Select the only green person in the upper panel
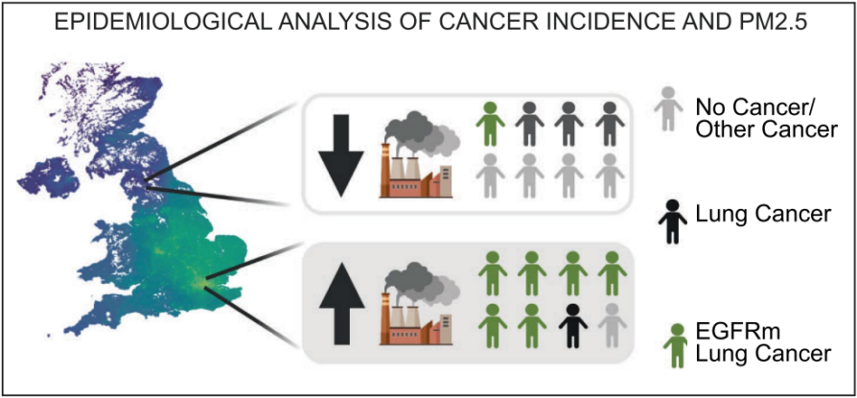(490, 125)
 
